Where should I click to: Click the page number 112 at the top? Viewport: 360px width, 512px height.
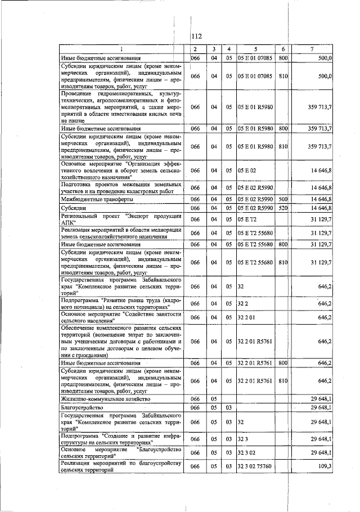196,36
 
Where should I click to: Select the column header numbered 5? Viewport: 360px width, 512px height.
255,49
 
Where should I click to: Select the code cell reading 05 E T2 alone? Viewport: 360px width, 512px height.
246,219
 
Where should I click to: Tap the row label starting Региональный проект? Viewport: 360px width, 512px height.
121,219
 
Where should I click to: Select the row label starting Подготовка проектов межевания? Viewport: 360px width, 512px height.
121,187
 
